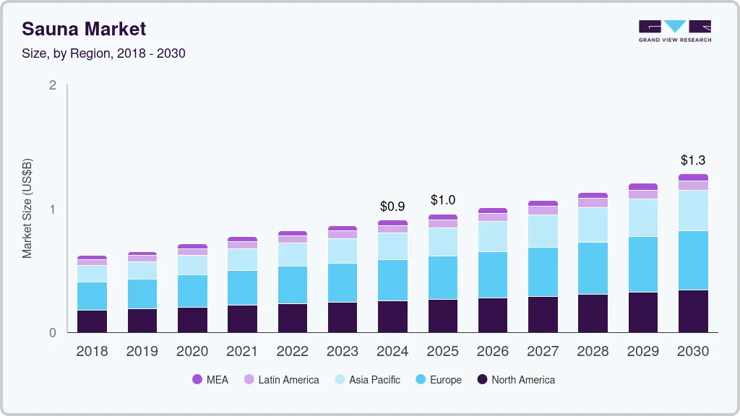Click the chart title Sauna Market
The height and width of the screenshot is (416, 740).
click(84, 29)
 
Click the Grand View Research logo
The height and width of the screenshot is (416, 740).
click(674, 31)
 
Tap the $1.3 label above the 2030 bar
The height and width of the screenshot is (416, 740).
click(694, 160)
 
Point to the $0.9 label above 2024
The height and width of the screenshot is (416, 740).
click(392, 207)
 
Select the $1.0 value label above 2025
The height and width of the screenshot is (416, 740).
click(443, 200)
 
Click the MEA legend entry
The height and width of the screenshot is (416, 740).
click(210, 379)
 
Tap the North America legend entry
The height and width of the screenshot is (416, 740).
click(515, 379)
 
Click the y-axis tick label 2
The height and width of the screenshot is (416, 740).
click(52, 85)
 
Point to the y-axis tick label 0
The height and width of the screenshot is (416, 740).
click(52, 333)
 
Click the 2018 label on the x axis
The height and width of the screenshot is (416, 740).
click(92, 352)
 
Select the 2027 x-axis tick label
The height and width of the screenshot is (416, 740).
click(543, 352)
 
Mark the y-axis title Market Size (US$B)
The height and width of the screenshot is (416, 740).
click(27, 209)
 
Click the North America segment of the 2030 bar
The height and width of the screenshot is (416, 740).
click(694, 311)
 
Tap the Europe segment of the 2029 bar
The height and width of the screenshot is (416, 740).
click(643, 264)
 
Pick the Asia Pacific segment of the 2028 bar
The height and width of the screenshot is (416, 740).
click(593, 225)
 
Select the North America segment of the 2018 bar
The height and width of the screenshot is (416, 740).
click(92, 321)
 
